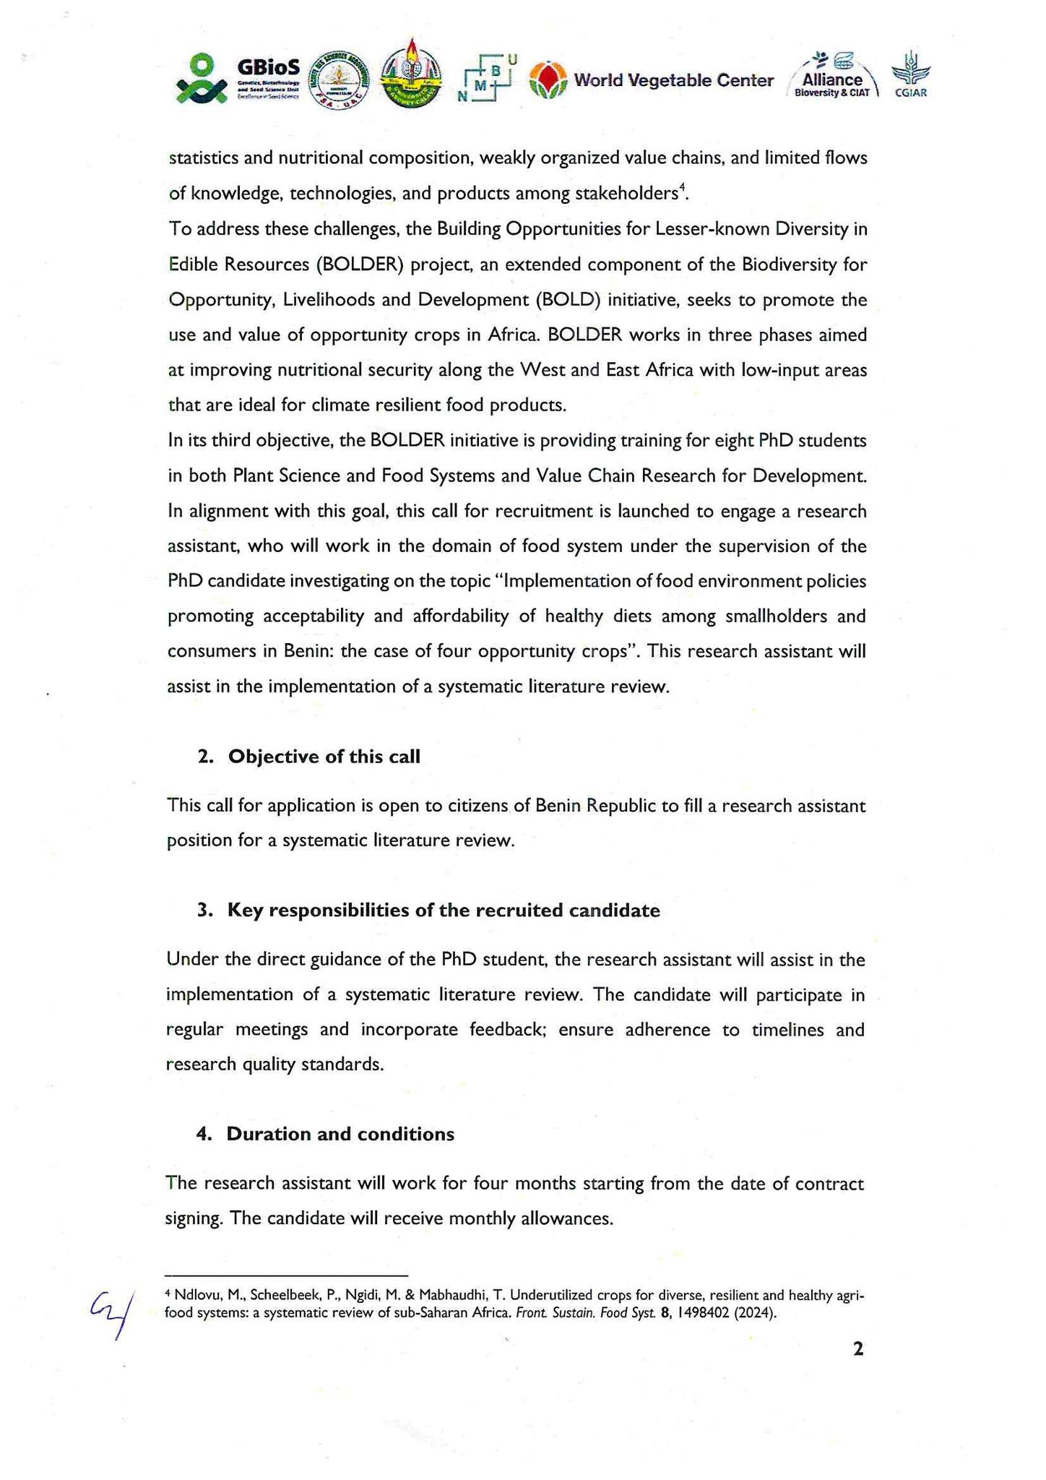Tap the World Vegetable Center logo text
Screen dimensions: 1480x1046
pyautogui.click(x=673, y=80)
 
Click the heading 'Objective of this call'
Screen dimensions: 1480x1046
pyautogui.click(x=324, y=757)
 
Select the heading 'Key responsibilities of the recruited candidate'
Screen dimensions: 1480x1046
pyautogui.click(x=444, y=911)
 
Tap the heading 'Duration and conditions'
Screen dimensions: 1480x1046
pyautogui.click(x=340, y=1134)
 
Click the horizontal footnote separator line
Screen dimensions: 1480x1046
pyautogui.click(x=286, y=1276)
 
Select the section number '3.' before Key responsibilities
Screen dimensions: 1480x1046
pyautogui.click(x=204, y=911)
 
